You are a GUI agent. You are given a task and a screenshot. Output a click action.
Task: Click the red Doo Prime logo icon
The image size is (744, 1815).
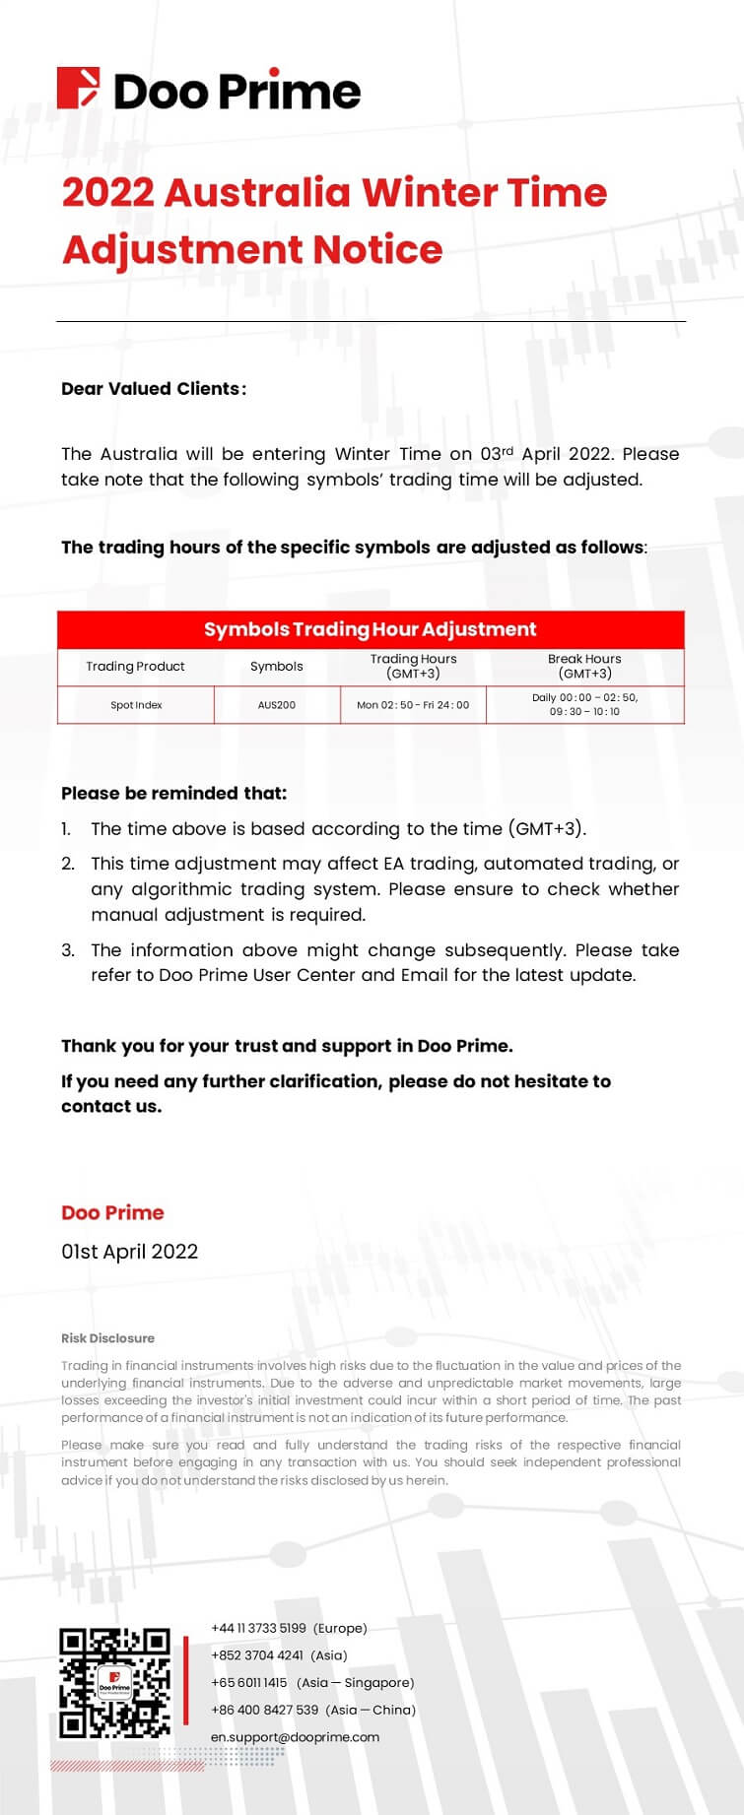point(79,89)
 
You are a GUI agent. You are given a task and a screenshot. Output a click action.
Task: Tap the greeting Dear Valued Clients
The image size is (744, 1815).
point(153,389)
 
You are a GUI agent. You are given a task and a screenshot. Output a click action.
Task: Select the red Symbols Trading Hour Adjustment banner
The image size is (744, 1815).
point(371,629)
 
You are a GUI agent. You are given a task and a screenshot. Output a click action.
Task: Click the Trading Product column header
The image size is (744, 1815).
point(135,667)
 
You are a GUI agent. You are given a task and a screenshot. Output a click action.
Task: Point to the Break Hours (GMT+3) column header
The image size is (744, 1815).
point(584,667)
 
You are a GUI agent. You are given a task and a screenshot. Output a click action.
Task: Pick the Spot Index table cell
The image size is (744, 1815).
point(136,705)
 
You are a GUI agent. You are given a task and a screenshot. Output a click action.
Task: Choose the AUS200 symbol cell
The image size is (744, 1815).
point(277,705)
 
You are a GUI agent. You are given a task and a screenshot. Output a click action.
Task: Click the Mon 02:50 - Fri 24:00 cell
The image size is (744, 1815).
point(413,705)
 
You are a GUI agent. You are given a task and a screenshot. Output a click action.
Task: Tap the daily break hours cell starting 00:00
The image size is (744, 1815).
point(584,704)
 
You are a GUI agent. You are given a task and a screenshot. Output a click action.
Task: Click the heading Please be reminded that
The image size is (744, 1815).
point(173,794)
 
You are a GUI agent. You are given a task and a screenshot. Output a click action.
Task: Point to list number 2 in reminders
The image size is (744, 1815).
point(68,864)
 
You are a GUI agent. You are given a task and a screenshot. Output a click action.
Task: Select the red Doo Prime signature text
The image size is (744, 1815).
point(112,1213)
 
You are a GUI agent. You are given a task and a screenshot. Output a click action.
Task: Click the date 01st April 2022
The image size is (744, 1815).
point(129,1252)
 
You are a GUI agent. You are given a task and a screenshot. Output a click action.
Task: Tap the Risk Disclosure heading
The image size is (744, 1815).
point(107,1338)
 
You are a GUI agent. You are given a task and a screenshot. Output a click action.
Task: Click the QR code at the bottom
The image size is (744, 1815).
point(114,1684)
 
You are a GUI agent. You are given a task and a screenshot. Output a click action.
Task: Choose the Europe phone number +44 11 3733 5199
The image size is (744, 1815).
point(289,1629)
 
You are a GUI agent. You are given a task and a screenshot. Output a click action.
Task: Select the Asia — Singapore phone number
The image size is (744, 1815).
point(312,1683)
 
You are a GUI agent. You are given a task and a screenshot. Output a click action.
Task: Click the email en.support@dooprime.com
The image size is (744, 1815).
point(295,1737)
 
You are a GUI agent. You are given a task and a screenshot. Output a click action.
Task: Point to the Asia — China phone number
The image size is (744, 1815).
point(313,1710)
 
